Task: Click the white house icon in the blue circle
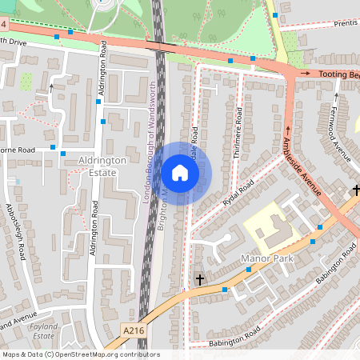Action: point(180,172)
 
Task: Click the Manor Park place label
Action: point(267,259)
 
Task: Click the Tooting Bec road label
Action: point(338,74)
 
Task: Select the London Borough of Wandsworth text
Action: point(149,139)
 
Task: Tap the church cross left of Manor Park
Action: point(200,279)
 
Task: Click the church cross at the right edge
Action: point(356,190)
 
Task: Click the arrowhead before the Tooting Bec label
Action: point(305,74)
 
